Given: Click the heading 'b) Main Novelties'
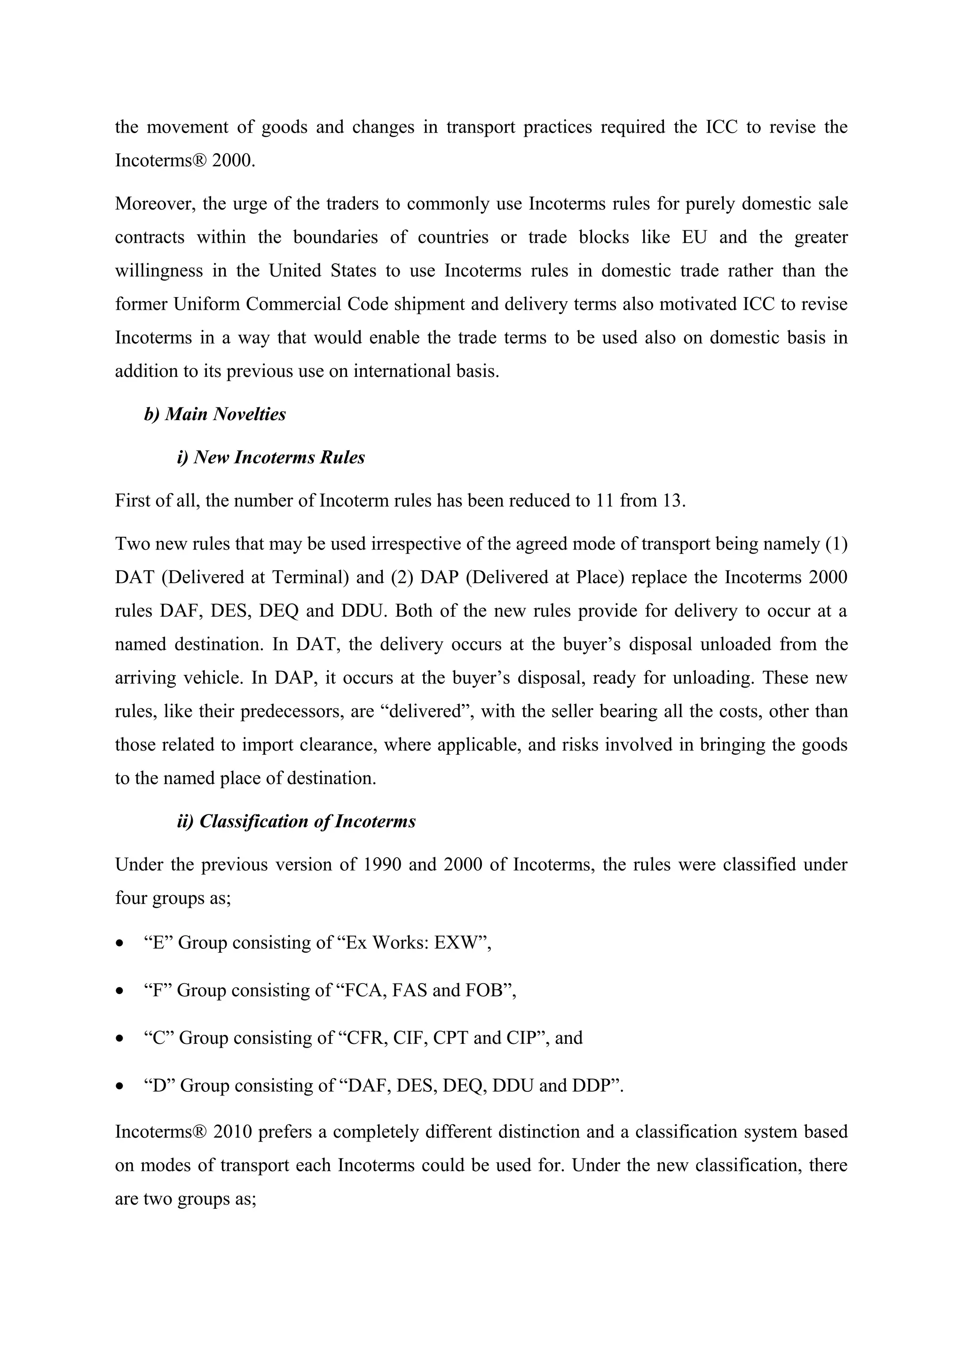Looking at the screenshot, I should (215, 414).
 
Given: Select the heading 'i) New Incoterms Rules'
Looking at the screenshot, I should (270, 457).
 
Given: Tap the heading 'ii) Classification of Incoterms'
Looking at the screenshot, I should (296, 822).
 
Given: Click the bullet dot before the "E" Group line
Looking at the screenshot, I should (120, 943).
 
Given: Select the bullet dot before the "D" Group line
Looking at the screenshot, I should (120, 1086).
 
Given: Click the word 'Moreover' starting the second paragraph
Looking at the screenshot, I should (154, 204).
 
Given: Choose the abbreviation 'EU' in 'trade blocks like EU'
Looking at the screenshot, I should (694, 237).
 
